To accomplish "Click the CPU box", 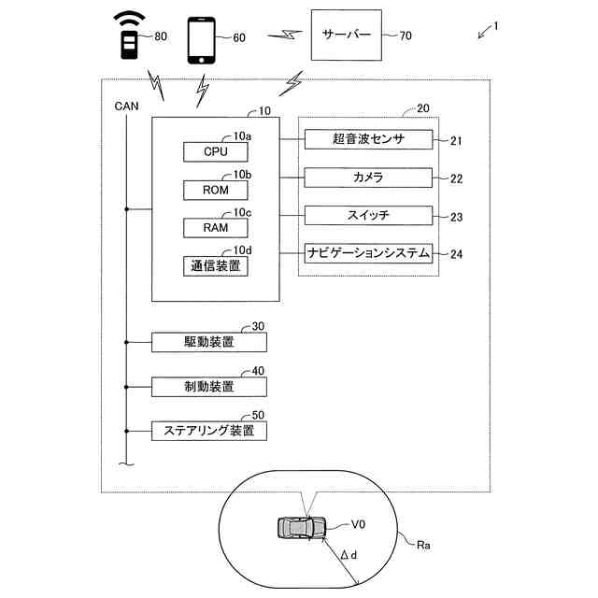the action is (x=216, y=151).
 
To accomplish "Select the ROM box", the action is (x=216, y=190).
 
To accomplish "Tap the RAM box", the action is (x=216, y=228).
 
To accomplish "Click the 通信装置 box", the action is (x=216, y=265).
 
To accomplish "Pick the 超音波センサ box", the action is (x=368, y=139).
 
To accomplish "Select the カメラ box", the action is (x=368, y=178).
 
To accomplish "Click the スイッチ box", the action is (x=368, y=216).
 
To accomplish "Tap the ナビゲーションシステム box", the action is (x=368, y=253).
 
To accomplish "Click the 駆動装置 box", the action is (x=209, y=342).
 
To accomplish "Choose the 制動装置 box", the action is (x=209, y=387).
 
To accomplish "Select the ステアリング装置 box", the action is (x=209, y=431).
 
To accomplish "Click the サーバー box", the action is (x=347, y=36).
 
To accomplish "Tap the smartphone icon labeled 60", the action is (x=202, y=40).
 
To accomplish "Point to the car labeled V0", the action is (x=302, y=528).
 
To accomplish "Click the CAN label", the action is (x=127, y=106).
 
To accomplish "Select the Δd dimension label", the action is (x=349, y=555).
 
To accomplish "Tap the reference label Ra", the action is (x=423, y=546).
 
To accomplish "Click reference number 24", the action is (x=457, y=254).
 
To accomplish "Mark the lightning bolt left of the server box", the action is (x=285, y=36).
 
